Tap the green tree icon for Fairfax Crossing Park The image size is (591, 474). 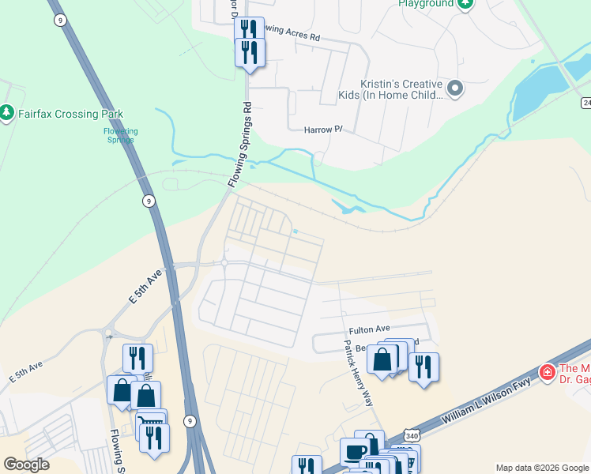point(7,114)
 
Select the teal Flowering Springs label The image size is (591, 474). point(121,135)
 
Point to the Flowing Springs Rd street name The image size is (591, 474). point(239,145)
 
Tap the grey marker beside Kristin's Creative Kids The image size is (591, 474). point(455,88)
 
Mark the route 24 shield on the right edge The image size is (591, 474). point(586,103)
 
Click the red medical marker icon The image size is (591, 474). point(546,371)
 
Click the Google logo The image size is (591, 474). point(26,465)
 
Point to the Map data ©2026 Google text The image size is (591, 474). point(542,468)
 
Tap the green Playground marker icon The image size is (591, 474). point(465,4)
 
